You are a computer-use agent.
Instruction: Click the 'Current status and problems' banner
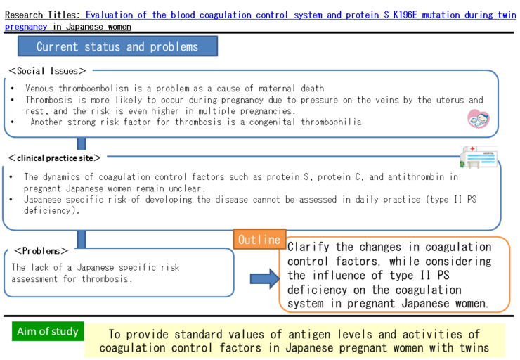(117, 46)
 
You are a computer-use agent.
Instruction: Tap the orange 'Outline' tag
(259, 239)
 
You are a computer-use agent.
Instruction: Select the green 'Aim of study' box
(48, 331)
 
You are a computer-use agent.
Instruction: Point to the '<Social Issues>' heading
(48, 70)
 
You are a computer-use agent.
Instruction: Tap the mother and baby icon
(478, 119)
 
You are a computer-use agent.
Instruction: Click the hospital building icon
(478, 157)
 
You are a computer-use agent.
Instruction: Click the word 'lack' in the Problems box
(44, 267)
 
